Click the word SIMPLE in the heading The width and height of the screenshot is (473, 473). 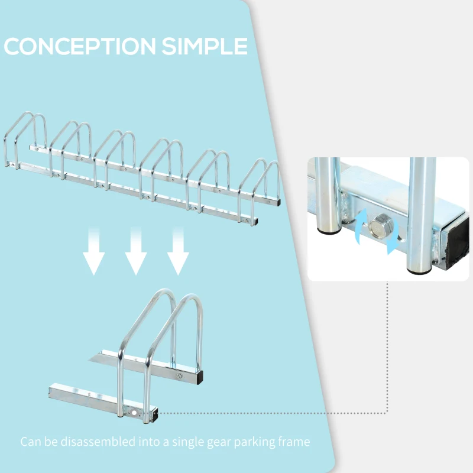[x=204, y=46]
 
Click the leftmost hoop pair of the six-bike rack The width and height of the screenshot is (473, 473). [x=27, y=139]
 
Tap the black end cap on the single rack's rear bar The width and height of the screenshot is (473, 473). [x=202, y=375]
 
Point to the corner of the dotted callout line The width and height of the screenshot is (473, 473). [x=387, y=412]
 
